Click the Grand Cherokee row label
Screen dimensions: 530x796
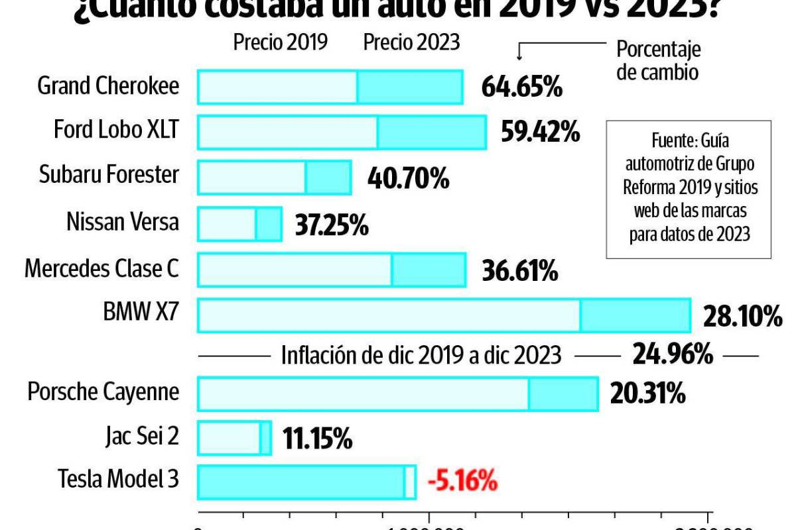[x=108, y=86]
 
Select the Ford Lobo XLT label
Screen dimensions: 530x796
[x=116, y=131]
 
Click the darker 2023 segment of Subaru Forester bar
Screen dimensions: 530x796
[x=328, y=178]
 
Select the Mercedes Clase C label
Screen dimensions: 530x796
[x=101, y=269]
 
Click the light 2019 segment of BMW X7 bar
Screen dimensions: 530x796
[x=389, y=315]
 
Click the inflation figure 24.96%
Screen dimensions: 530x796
[x=673, y=355]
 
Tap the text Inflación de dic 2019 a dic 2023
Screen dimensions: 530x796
[x=421, y=356]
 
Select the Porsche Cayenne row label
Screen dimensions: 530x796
[x=103, y=392]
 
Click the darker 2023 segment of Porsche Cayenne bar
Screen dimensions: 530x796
[x=563, y=394]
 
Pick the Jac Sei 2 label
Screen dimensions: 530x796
[x=141, y=437]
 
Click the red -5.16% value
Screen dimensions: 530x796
[x=462, y=481]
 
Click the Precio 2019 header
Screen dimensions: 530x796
[x=280, y=42]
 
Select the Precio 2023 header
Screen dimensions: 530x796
[x=411, y=42]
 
